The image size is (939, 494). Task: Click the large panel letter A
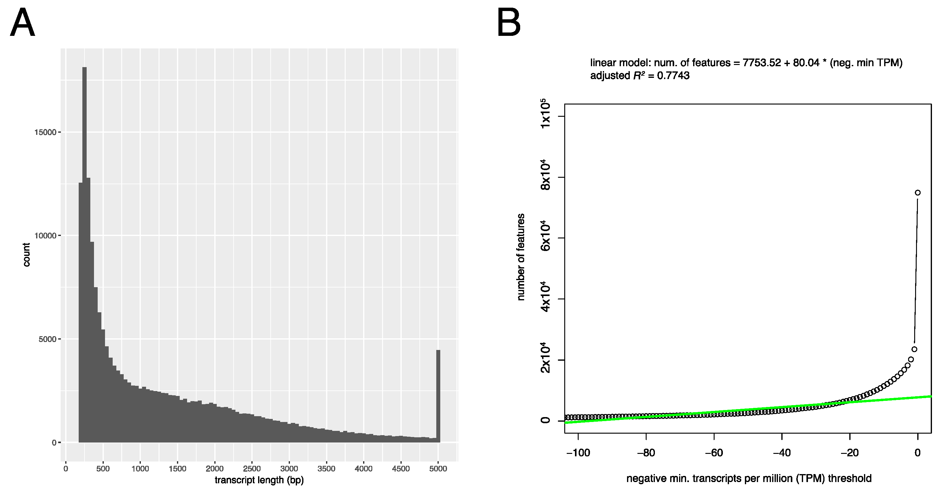(23, 24)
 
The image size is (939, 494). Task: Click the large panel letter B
(509, 24)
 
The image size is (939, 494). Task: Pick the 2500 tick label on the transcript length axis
(252, 469)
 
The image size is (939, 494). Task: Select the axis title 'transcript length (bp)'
(259, 480)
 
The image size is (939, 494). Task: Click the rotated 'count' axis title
(26, 255)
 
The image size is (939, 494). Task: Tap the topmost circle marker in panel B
(918, 193)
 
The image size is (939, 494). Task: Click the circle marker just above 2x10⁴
(914, 349)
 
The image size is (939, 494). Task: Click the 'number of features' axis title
(521, 257)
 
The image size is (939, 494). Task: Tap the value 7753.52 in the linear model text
(761, 63)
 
